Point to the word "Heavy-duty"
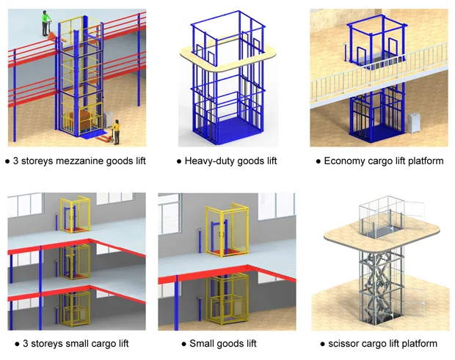coord(209,161)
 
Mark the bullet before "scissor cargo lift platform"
coord(323,343)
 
